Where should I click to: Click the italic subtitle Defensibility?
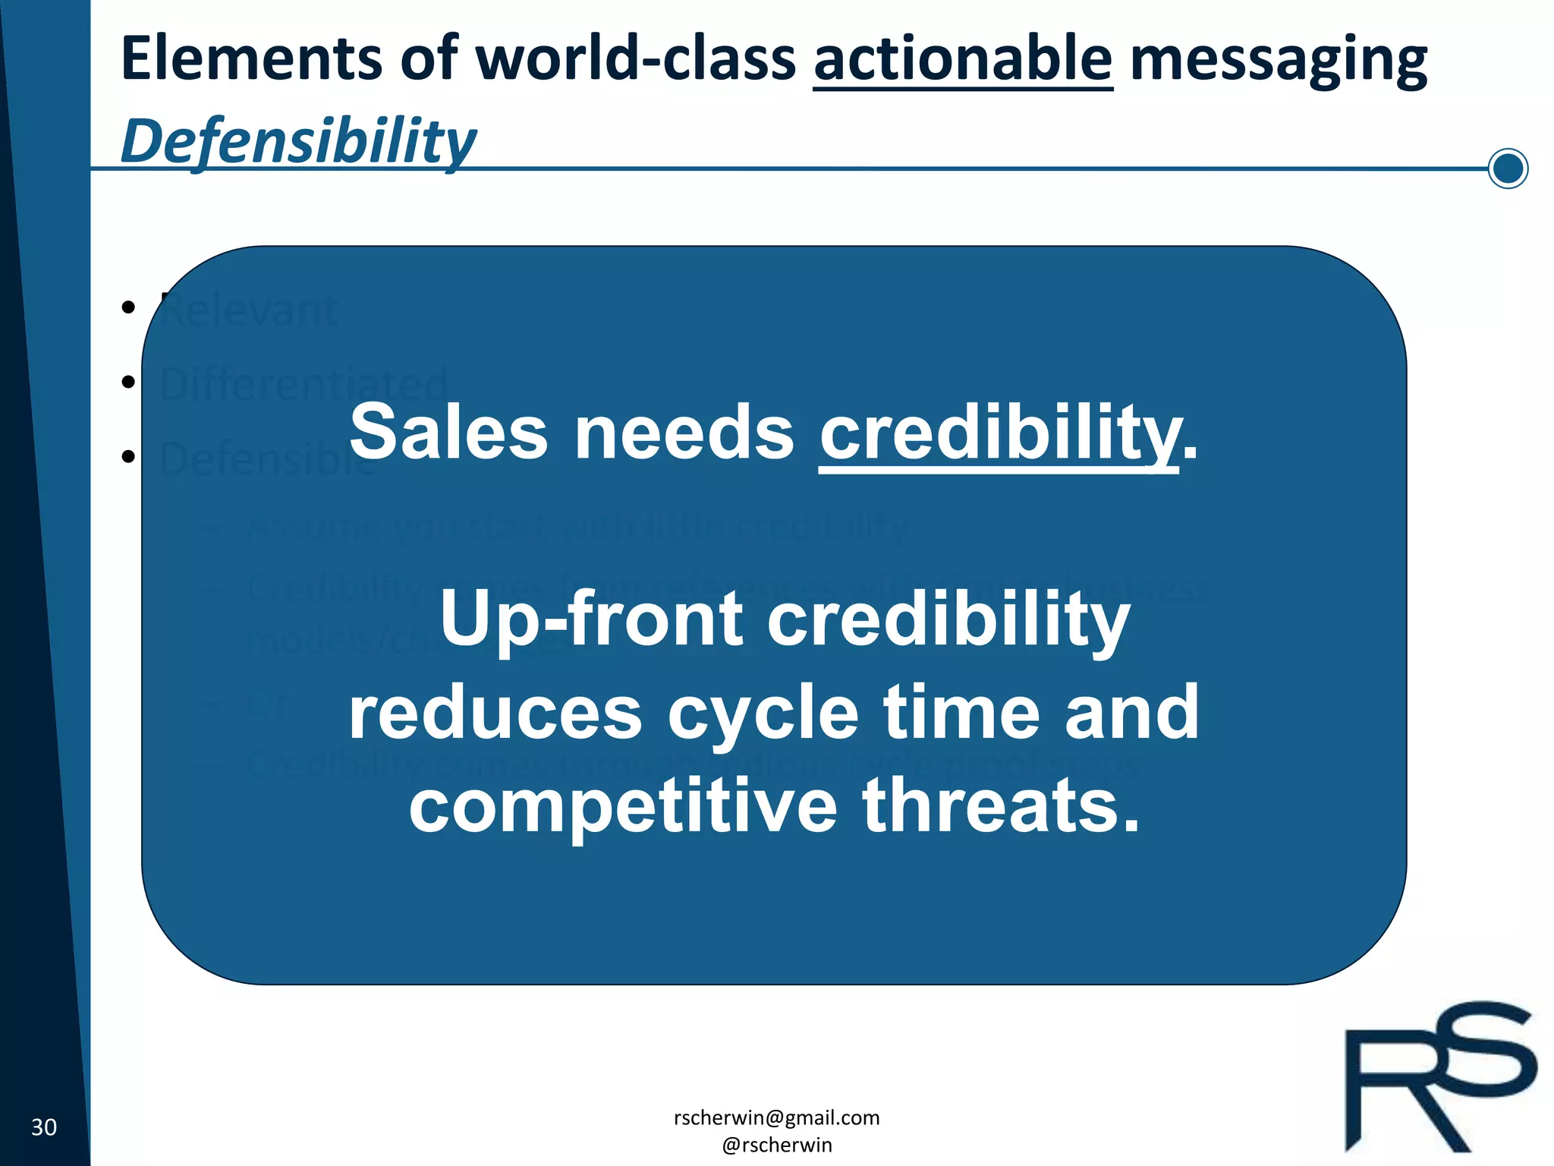pos(297,142)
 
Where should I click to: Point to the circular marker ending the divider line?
pos(1507,169)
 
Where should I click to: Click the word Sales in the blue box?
pos(448,433)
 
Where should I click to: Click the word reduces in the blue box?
pos(495,712)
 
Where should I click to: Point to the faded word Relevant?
pos(249,310)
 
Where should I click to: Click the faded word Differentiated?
pos(304,384)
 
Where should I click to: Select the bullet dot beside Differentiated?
pos(128,382)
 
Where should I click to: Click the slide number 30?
pos(44,1127)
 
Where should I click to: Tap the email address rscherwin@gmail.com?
pos(776,1117)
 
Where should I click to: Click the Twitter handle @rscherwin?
pos(776,1145)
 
